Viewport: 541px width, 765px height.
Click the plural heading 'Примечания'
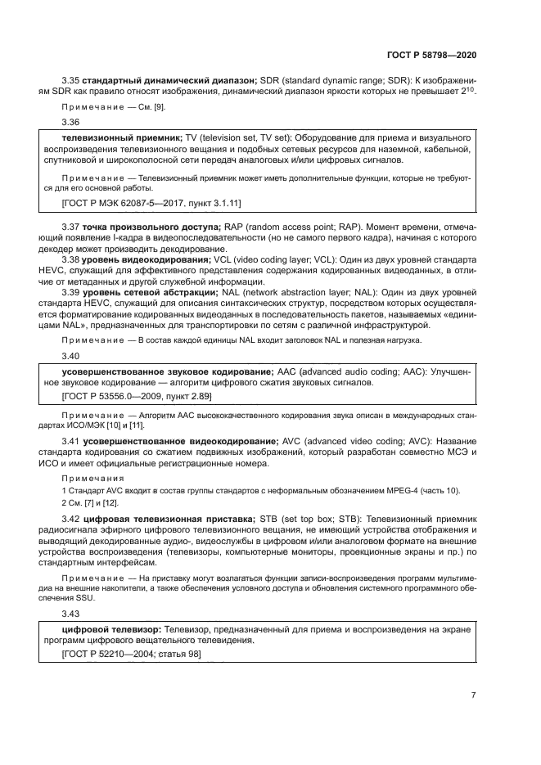(92, 477)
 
